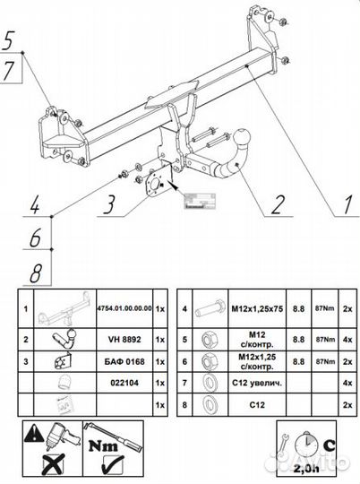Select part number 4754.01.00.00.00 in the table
pos(124,307)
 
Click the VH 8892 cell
pos(124,341)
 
